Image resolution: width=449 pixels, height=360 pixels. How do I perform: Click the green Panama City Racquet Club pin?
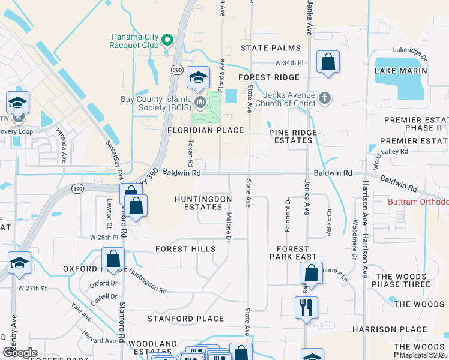pyautogui.click(x=168, y=41)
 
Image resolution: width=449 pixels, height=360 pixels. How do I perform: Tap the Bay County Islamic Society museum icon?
pyautogui.click(x=200, y=101)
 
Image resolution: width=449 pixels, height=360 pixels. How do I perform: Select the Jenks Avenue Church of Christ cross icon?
pyautogui.click(x=325, y=98)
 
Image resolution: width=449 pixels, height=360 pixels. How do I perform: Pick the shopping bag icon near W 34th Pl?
pyautogui.click(x=328, y=62)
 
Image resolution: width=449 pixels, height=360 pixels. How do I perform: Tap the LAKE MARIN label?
pyautogui.click(x=400, y=71)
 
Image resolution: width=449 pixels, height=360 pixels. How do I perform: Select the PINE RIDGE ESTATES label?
pyautogui.click(x=291, y=136)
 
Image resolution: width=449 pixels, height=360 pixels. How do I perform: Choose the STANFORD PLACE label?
pyautogui.click(x=185, y=319)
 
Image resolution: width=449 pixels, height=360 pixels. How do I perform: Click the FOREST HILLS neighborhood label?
pyautogui.click(x=185, y=248)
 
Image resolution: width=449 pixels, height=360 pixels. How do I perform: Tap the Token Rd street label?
pyautogui.click(x=191, y=154)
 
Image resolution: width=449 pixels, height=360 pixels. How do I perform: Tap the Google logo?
pyautogui.click(x=20, y=353)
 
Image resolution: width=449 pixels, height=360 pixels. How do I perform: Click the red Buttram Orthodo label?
pyautogui.click(x=420, y=202)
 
